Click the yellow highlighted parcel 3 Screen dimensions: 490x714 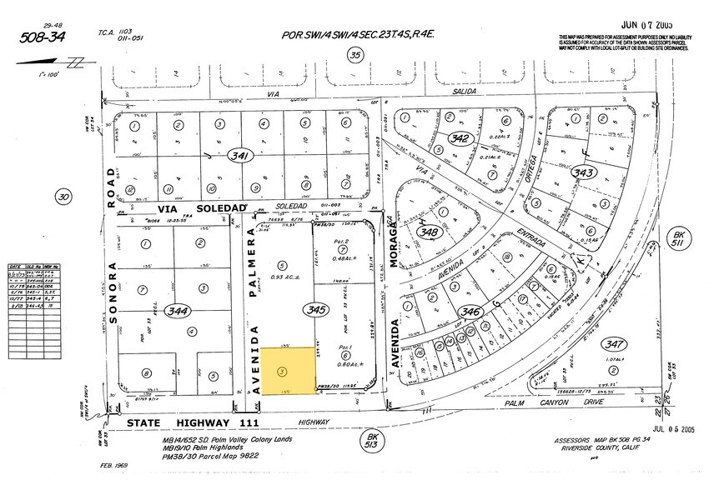click(x=288, y=371)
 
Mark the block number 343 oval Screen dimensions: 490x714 click(x=583, y=172)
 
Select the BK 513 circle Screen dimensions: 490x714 click(x=373, y=438)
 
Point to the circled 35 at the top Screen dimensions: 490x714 click(x=356, y=56)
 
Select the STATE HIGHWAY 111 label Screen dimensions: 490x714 click(x=178, y=424)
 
